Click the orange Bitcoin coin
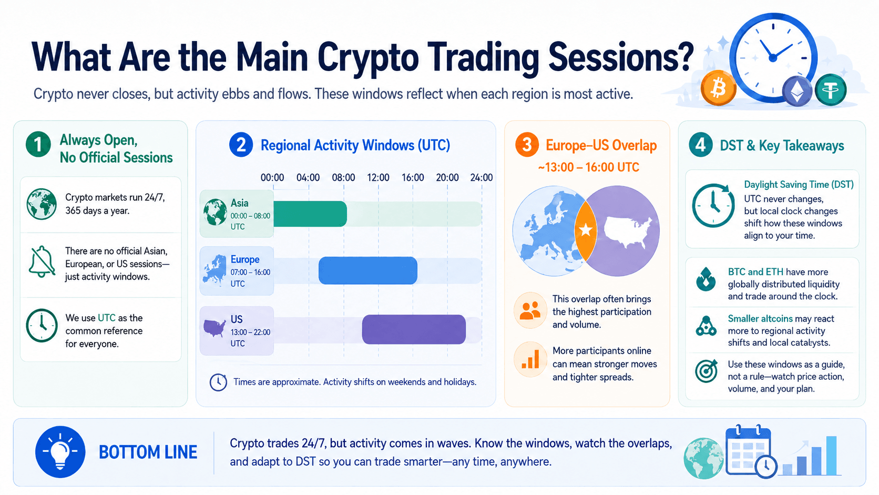(x=718, y=88)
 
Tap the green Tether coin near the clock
(x=830, y=90)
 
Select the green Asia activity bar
(x=310, y=214)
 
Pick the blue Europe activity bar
(x=367, y=270)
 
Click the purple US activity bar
(x=414, y=329)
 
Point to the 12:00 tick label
(x=378, y=177)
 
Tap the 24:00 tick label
(x=482, y=177)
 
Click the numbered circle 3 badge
(x=527, y=145)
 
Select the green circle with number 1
(x=38, y=145)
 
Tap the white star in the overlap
(x=586, y=230)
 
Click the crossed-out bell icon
(x=42, y=261)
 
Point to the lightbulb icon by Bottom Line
(x=60, y=451)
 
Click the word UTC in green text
(x=106, y=318)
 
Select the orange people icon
(x=530, y=310)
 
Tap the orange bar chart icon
(x=530, y=359)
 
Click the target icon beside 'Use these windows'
(x=706, y=371)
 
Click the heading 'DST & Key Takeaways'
(x=782, y=146)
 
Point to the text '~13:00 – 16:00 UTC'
(x=588, y=167)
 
